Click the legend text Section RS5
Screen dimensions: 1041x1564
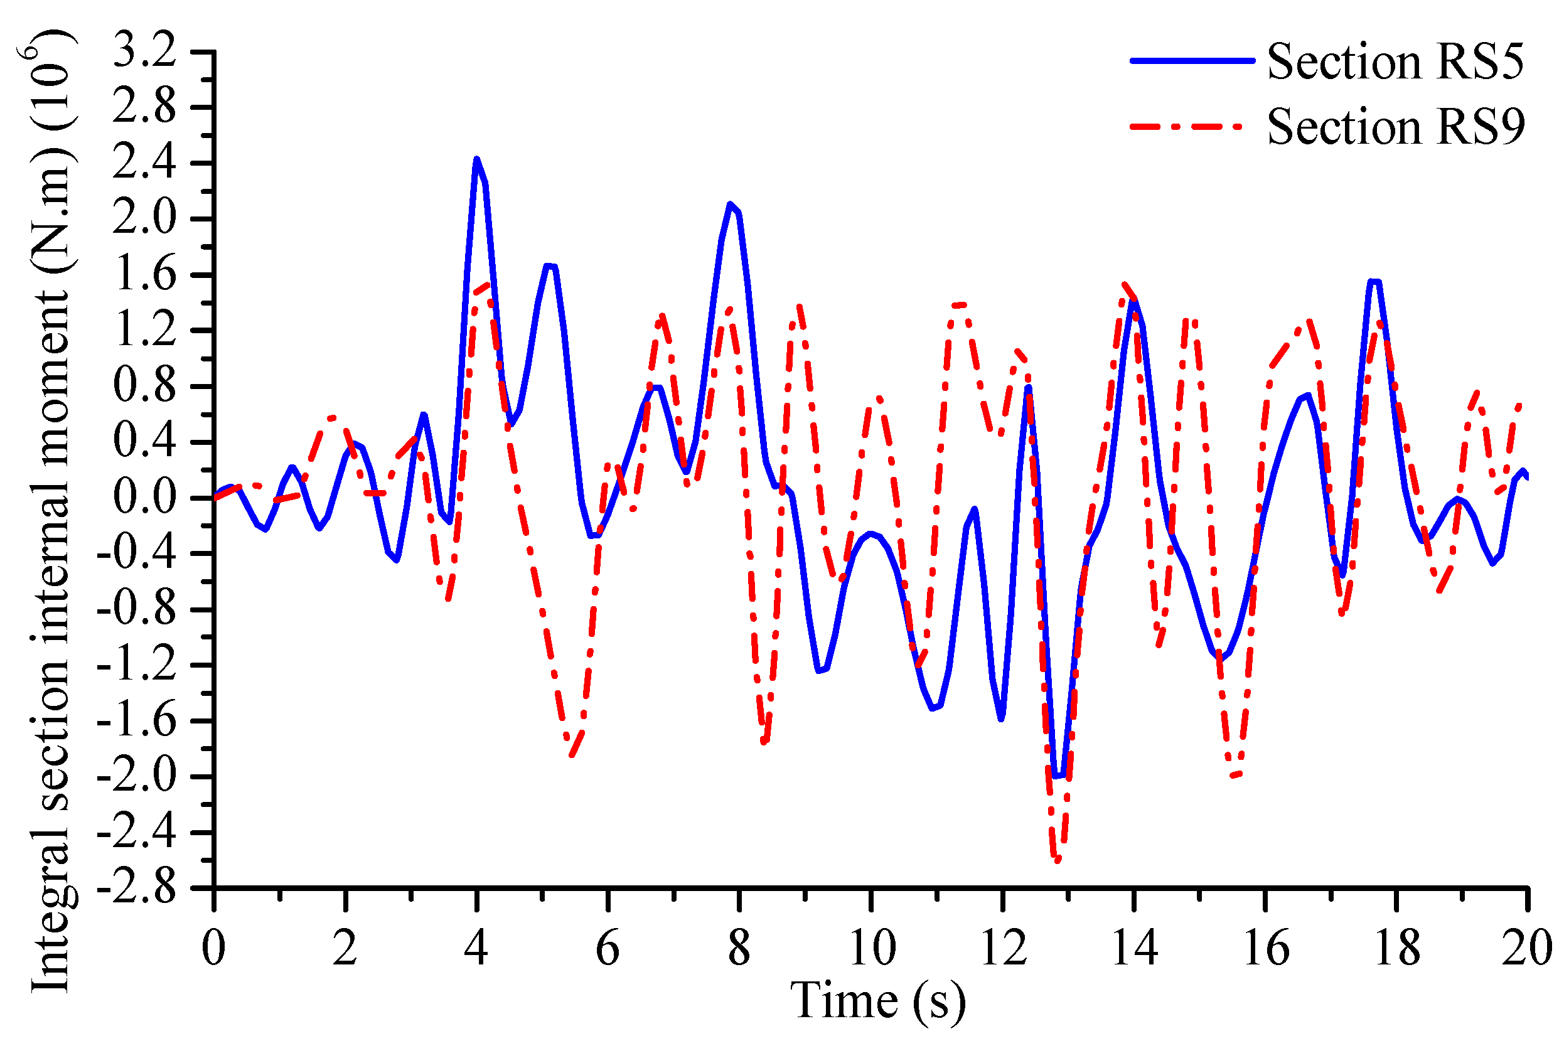1394,61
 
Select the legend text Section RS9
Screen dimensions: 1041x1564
1394,126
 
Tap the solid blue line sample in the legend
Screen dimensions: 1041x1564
1192,60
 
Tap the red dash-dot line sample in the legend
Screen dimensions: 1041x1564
1185,125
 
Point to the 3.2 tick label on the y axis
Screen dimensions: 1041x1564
145,50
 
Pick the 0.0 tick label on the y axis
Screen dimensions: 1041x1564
145,496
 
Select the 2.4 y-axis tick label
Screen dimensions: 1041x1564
145,163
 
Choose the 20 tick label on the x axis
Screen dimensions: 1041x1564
1526,948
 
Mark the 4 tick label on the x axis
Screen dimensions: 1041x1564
476,948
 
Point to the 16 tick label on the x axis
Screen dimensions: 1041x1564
1266,948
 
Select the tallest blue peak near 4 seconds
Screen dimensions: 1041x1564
476,160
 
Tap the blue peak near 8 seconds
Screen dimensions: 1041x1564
730,205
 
